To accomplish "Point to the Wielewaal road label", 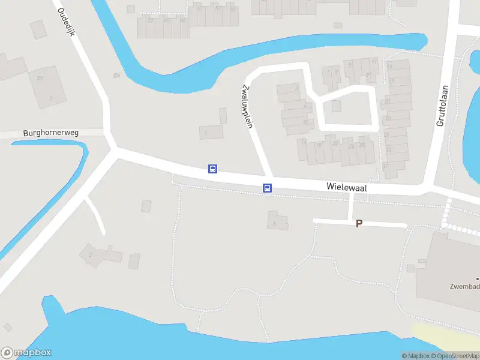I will coord(347,187).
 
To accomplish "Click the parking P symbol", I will coord(359,224).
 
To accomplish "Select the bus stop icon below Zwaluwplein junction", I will coord(268,188).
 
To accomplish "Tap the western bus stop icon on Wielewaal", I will coord(212,169).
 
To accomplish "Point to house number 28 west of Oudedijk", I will coord(40,78).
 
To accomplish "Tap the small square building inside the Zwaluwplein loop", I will coord(336,106).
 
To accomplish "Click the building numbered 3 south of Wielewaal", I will coord(277,221).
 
